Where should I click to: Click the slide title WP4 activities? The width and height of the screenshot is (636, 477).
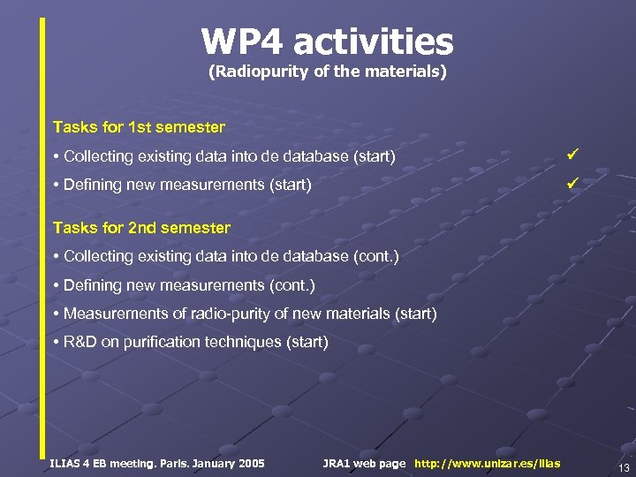(327, 42)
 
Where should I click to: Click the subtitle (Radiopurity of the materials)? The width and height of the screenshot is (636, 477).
(327, 72)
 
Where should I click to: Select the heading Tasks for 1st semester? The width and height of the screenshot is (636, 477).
(139, 127)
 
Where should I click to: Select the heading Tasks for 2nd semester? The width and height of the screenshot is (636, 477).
(141, 228)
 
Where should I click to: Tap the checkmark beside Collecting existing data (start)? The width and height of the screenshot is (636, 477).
(572, 155)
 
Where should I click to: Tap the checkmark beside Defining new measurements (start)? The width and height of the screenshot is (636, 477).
(572, 184)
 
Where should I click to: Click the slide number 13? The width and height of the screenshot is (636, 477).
(624, 467)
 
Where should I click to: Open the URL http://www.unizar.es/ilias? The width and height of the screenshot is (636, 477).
(487, 463)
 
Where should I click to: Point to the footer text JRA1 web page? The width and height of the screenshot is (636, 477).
(364, 463)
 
